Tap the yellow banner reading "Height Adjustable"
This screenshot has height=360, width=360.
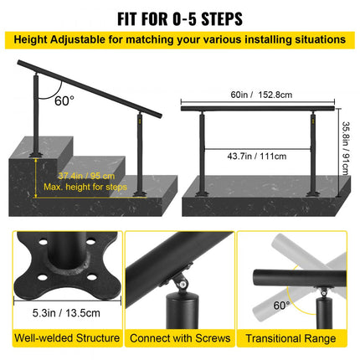[x=180, y=39]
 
